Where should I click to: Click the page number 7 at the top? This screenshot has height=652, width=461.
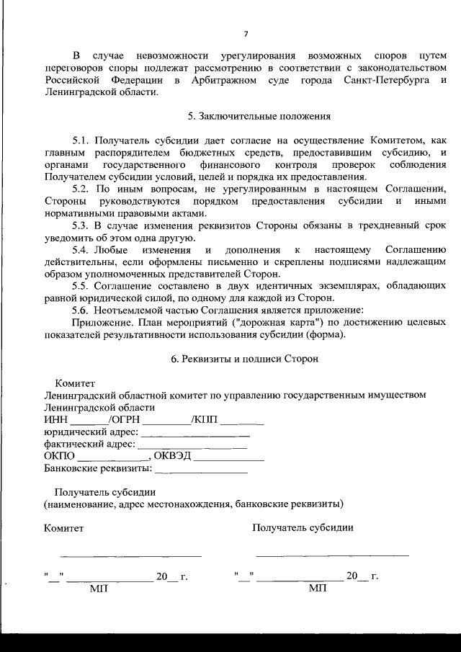click(x=246, y=34)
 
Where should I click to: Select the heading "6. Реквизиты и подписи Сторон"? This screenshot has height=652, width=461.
click(x=244, y=358)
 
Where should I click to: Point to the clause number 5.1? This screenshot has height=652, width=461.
click(x=83, y=140)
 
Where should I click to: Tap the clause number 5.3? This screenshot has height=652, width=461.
click(x=83, y=226)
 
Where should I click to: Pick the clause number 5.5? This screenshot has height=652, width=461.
click(x=83, y=286)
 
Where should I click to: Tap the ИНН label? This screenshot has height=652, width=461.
click(x=55, y=419)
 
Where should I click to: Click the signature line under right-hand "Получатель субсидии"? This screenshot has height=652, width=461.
click(x=332, y=555)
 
